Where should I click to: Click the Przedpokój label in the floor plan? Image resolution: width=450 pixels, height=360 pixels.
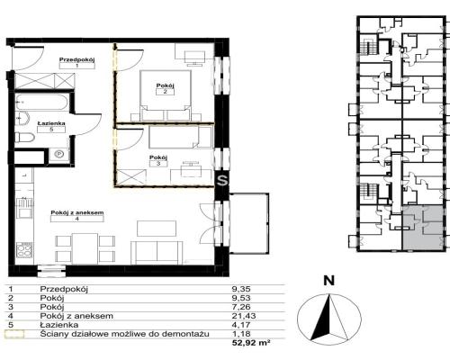pos(77,59)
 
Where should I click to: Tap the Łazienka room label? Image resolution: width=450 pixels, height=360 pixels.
pos(51,123)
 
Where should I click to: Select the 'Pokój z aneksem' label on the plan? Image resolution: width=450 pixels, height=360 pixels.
pos(77,212)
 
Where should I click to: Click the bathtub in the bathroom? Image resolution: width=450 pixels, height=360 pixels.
pos(42,103)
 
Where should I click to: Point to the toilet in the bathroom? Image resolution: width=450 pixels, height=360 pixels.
pos(24,138)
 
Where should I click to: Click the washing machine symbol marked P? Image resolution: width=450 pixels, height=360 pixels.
pos(60,154)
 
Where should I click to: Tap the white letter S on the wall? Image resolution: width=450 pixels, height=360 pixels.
pos(222,181)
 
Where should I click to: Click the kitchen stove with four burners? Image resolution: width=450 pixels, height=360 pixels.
pos(24,250)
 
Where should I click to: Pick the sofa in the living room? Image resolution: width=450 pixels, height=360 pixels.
pos(157,253)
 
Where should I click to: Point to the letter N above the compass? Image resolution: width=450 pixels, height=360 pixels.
pos(329,281)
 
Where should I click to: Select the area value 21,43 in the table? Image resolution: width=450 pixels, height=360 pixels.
pos(244,316)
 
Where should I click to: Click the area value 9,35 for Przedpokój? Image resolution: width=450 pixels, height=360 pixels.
pos(241,289)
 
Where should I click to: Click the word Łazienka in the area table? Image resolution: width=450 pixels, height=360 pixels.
pos(59,325)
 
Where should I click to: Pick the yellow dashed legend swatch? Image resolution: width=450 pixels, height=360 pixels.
pos(14,334)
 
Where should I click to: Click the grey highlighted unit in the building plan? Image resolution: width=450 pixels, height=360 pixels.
pos(422,228)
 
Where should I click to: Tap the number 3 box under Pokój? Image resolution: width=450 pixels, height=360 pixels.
pos(158,164)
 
